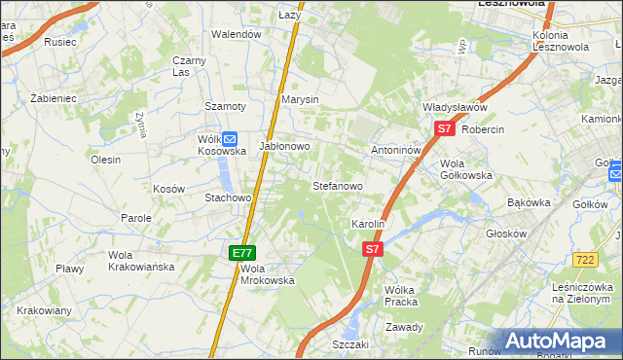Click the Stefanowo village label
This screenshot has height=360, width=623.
tap(337, 185)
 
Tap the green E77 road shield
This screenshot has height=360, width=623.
tap(242, 253)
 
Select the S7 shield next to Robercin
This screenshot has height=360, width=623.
tap(444, 128)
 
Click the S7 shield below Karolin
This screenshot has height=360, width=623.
tap(372, 250)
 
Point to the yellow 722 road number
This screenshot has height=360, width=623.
tap(584, 259)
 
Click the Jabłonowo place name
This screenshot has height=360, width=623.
tap(284, 147)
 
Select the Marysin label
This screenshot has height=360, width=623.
tap(300, 99)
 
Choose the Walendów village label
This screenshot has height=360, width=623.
tap(238, 34)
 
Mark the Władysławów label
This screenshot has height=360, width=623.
tap(455, 107)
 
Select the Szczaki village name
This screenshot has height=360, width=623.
tap(350, 344)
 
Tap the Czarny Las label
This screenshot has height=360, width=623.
tap(189, 66)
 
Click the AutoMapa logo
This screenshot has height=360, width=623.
tap(563, 342)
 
